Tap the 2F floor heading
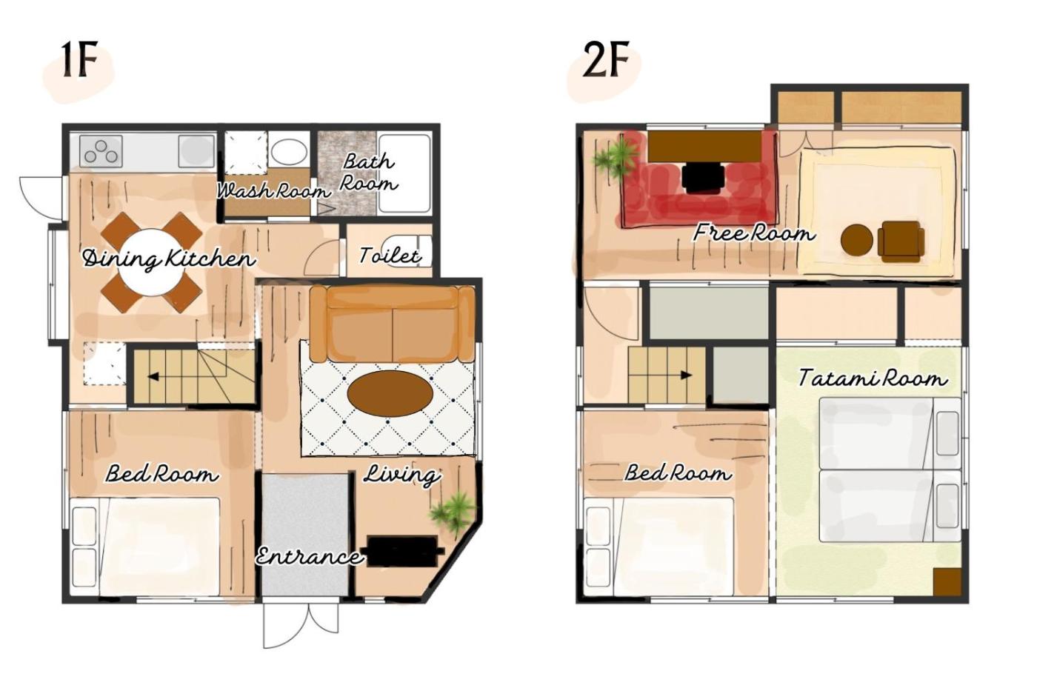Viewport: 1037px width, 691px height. (606, 60)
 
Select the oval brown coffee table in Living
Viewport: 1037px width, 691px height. (390, 393)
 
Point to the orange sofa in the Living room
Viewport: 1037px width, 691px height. (393, 324)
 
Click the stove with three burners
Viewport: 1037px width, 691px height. (101, 151)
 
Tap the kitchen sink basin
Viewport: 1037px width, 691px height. (196, 151)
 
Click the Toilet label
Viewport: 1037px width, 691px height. (390, 256)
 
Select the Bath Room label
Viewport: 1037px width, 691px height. (369, 172)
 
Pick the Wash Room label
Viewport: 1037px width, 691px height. (273, 190)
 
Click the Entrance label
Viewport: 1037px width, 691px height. (310, 556)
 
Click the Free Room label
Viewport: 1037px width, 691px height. (755, 233)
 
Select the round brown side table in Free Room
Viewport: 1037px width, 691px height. (856, 240)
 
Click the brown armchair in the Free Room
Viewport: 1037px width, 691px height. (902, 241)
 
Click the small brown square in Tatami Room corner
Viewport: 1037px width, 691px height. (947, 582)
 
